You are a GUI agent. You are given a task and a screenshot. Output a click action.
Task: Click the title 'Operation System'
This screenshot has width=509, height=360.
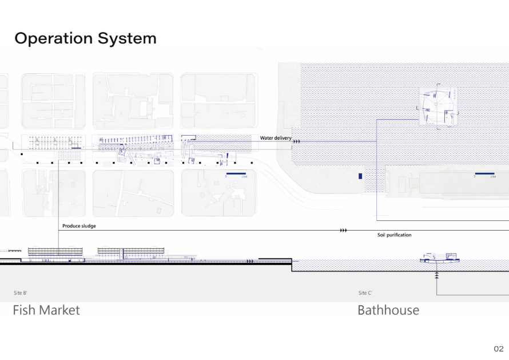point(85,38)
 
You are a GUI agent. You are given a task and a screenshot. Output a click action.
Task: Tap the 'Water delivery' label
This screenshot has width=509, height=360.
point(276,138)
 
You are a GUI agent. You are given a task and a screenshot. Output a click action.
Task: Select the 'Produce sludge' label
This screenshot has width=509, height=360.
point(79,226)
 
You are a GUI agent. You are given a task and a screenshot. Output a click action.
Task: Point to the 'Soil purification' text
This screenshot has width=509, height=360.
point(394,235)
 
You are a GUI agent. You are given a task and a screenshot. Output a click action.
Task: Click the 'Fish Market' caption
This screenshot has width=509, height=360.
point(46,310)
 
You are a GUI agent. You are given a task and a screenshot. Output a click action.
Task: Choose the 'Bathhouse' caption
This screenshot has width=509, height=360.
point(388,310)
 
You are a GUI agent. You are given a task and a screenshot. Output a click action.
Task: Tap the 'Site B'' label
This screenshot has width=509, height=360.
point(21,293)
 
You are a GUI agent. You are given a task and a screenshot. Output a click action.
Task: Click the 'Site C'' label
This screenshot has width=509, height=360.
point(365,293)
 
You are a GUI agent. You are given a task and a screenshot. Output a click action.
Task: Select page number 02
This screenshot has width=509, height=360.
point(498,348)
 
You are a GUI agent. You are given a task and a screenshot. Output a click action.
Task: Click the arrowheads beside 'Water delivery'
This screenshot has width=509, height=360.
point(297,140)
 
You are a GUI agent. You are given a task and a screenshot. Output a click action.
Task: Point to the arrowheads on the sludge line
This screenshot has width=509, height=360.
point(343,230)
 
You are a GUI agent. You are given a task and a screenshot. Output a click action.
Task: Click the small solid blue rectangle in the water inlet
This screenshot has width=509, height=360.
point(360,176)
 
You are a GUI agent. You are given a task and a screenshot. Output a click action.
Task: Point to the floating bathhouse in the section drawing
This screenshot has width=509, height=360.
point(439,259)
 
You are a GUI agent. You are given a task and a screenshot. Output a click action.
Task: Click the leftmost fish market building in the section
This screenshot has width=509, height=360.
point(55,252)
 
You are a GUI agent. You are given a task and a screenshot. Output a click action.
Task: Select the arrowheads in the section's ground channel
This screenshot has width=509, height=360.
point(250,262)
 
